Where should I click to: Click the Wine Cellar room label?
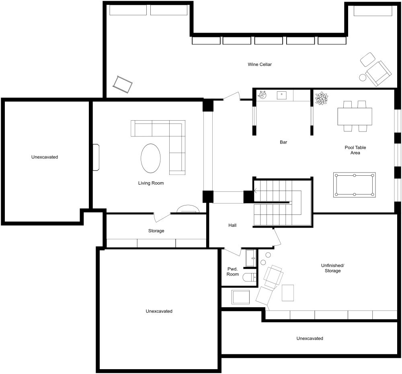(x=260, y=64)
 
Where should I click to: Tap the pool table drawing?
(x=354, y=185)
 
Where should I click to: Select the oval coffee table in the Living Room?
(x=151, y=158)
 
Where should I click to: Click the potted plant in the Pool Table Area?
(x=321, y=99)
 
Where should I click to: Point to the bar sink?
(x=282, y=95)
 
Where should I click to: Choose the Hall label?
(x=232, y=226)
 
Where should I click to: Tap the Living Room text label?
(x=151, y=183)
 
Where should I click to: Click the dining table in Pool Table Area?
(x=355, y=117)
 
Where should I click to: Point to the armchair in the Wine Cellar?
(x=378, y=73)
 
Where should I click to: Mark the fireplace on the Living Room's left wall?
(x=96, y=157)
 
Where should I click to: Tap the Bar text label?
(x=283, y=142)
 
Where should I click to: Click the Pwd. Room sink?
(x=251, y=258)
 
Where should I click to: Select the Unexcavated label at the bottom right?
(x=310, y=339)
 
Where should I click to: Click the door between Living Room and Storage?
(x=162, y=217)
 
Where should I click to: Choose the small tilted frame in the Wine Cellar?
(x=123, y=84)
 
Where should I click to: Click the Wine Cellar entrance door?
(x=231, y=97)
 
